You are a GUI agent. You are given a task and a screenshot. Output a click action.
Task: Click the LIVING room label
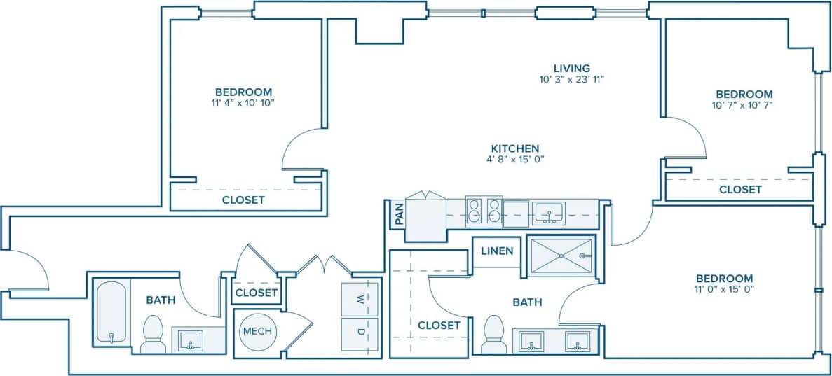coord(572,68)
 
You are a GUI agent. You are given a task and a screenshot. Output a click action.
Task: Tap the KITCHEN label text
coord(514,148)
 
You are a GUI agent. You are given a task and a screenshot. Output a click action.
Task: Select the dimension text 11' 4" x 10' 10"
coord(243,104)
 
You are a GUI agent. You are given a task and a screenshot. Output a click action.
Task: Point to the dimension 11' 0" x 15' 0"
coord(725,289)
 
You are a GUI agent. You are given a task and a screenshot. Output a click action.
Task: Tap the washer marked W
coord(360,300)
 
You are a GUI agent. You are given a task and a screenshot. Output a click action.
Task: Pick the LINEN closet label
coord(497,251)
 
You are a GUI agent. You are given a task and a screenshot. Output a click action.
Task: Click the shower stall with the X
coord(561,256)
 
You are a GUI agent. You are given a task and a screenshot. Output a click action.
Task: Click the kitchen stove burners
coord(484,210)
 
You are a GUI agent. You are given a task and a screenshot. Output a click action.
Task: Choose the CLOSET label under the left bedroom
coord(243,200)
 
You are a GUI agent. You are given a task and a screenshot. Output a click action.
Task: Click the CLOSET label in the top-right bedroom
coord(740,189)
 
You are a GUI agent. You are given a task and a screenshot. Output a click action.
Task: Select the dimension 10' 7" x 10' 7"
coord(744,106)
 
